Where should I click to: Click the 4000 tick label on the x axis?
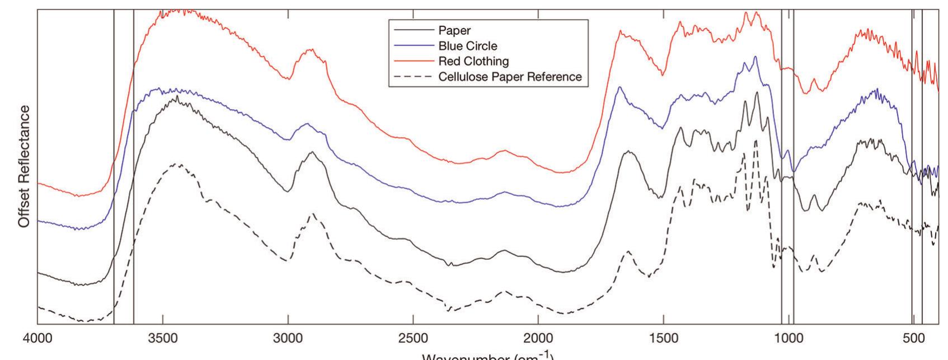tap(37, 340)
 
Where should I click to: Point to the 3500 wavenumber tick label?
tap(163, 340)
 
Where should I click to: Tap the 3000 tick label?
tap(288, 340)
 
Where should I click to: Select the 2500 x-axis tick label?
tap(413, 340)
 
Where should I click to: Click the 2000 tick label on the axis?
tap(538, 340)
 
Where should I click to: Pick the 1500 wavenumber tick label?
tap(664, 340)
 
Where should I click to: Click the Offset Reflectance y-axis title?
tap(23, 167)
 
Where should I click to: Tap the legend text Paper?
tap(454, 31)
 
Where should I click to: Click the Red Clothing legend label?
tap(473, 61)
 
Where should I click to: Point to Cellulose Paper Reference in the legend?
tap(510, 77)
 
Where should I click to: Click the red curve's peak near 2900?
tap(311, 49)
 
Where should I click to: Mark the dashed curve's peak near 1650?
tap(628, 251)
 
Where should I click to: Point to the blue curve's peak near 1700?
tap(620, 87)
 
